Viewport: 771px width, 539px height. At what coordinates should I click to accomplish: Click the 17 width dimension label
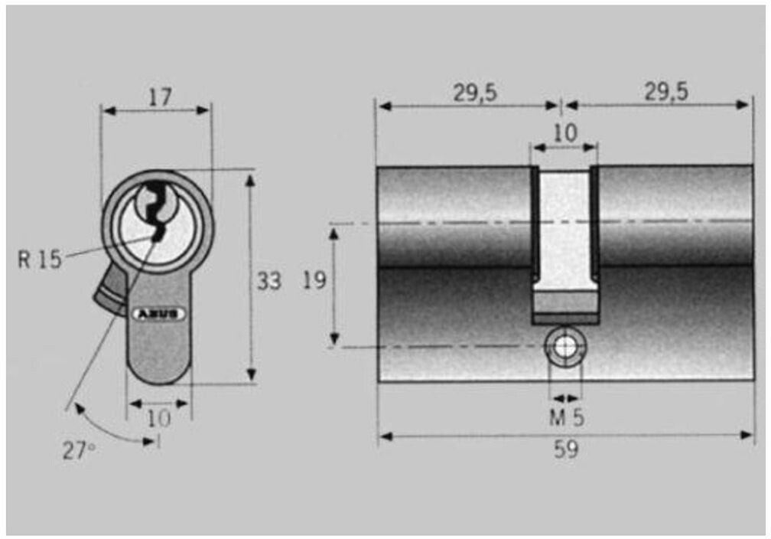(x=161, y=97)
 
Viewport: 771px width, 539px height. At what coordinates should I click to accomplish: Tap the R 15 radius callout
(x=40, y=260)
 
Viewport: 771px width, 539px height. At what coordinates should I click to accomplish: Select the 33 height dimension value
(x=269, y=281)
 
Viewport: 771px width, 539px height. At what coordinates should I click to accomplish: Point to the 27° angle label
(x=79, y=450)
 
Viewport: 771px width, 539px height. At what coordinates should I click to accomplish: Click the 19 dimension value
(x=314, y=280)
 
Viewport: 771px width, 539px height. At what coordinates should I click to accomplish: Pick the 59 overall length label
(x=567, y=449)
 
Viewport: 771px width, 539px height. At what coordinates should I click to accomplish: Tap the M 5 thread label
(x=567, y=417)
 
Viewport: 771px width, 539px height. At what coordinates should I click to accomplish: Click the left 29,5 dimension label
(x=475, y=93)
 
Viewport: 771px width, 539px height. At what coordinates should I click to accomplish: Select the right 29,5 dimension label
(x=666, y=92)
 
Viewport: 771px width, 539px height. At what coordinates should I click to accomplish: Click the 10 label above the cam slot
(x=565, y=133)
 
